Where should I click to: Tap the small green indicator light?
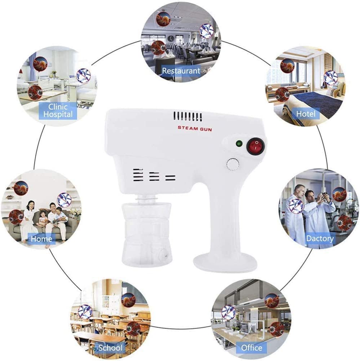239,144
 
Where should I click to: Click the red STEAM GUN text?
195,128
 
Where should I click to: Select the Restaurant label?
181,70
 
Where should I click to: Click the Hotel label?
306,114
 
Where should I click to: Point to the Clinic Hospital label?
58,110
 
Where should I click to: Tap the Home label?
41,238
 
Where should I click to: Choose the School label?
110,347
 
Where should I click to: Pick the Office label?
251,347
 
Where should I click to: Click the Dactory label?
320,238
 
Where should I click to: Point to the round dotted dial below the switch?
233,164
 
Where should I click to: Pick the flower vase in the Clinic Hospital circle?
54,74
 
